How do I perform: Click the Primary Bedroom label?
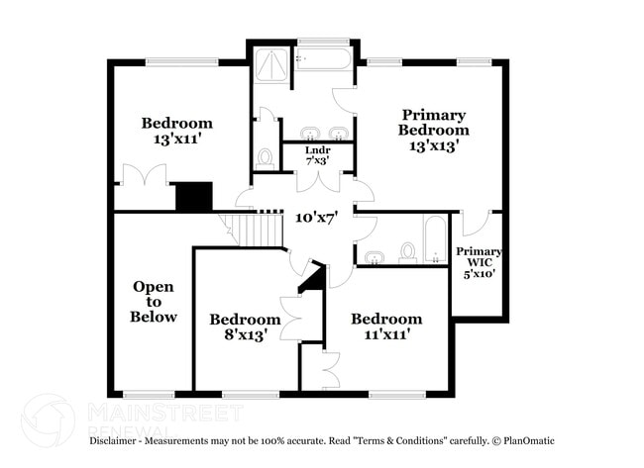pos(433,122)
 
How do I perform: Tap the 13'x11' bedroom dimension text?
pos(176,140)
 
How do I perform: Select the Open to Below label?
pos(154,302)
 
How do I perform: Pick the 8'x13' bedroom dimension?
pos(245,335)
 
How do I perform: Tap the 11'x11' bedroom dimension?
pos(385,334)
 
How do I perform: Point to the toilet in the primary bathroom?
pos(265,157)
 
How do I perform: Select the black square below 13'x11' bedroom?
pos(193,196)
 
